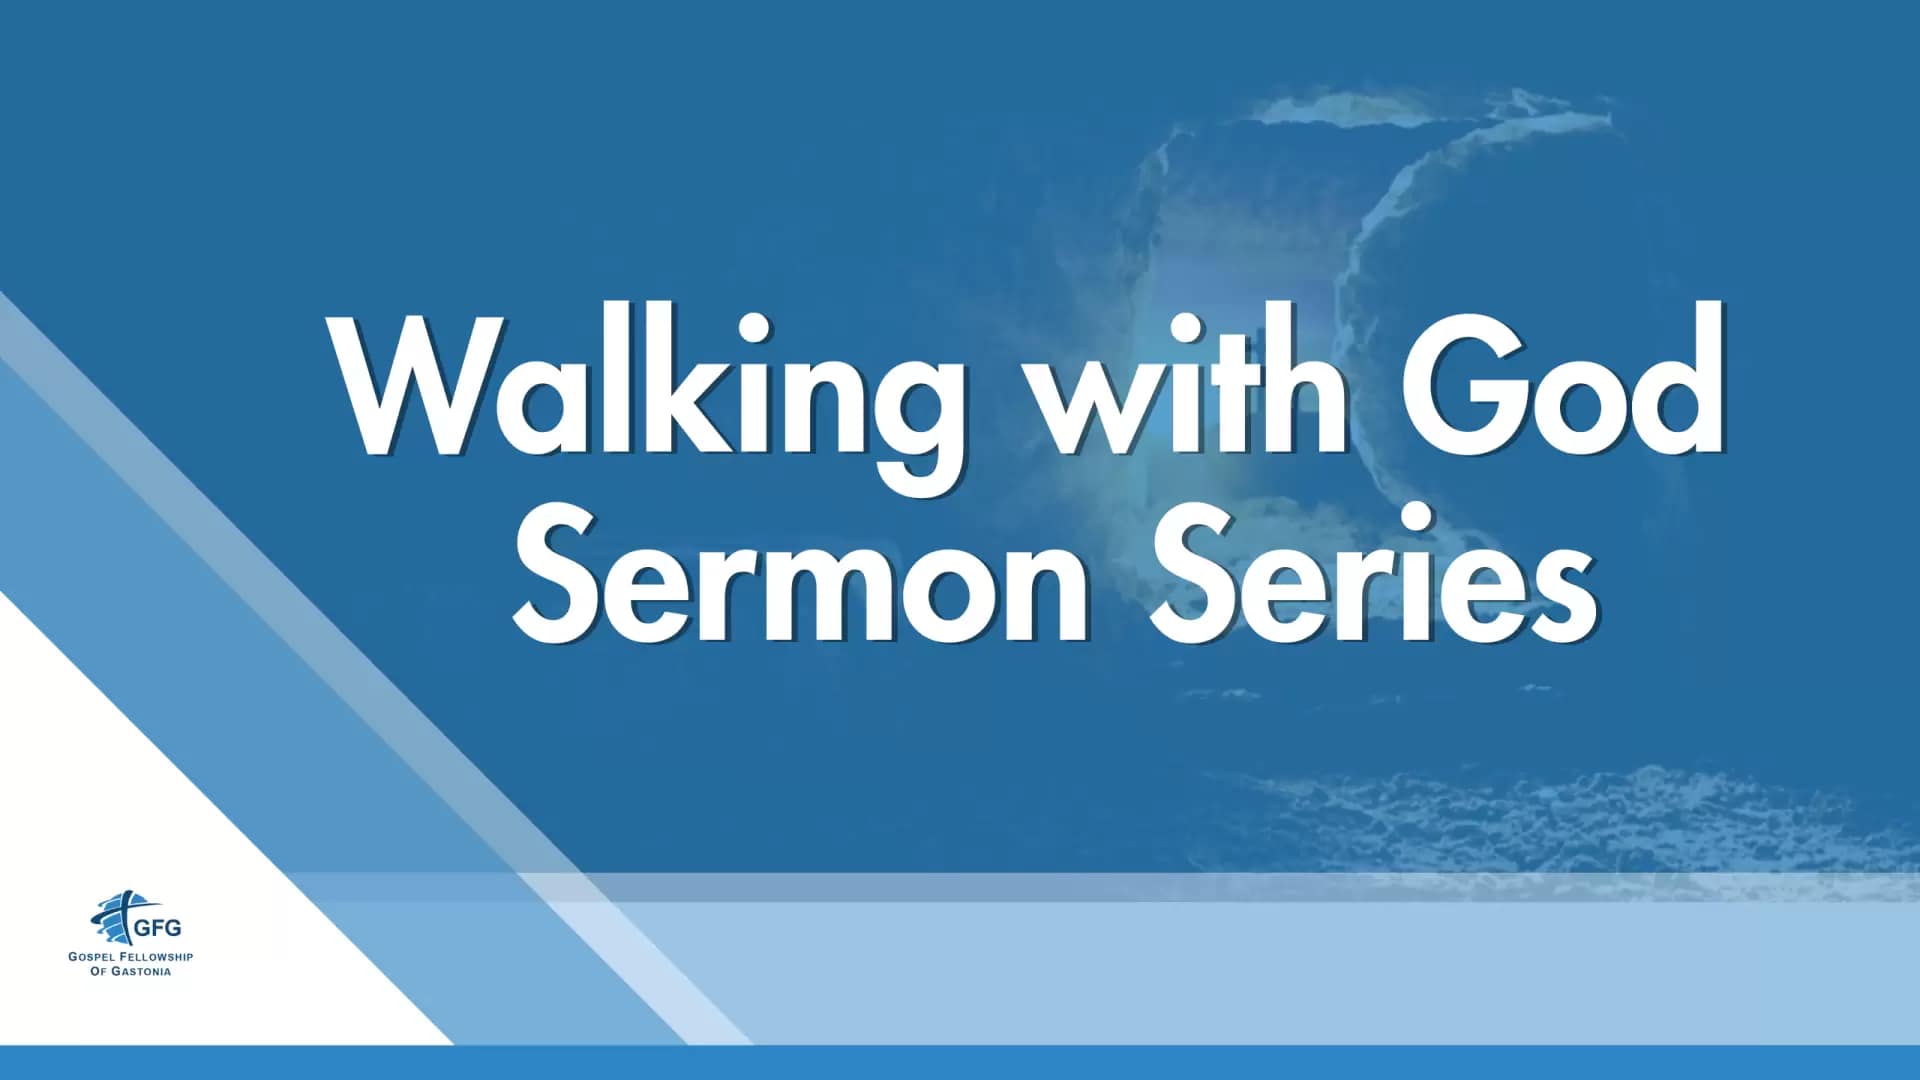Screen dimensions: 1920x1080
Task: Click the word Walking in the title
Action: pos(650,400)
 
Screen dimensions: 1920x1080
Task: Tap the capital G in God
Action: pos(1461,385)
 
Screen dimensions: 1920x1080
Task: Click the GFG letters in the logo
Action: pos(158,927)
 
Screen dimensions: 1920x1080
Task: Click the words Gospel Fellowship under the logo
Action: pos(131,957)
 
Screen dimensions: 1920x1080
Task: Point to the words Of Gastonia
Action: pos(131,971)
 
